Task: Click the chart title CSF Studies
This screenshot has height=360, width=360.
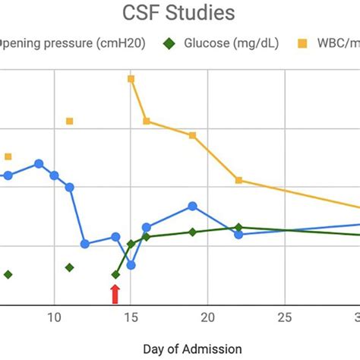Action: [x=179, y=13]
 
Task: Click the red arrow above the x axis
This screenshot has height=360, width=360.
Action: [x=115, y=294]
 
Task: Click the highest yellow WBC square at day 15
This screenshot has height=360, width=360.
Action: [x=131, y=78]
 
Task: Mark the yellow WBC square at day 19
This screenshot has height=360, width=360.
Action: [x=192, y=135]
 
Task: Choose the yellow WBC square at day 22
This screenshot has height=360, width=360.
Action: [x=238, y=180]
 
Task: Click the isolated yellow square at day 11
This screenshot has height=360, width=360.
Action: [x=69, y=121]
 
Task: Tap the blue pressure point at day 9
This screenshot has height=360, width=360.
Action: [x=39, y=163]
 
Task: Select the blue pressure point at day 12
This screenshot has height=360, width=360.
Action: [x=85, y=244]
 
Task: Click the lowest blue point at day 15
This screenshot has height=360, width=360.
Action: [x=131, y=265]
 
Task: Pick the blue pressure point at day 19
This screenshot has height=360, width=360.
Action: [x=192, y=206]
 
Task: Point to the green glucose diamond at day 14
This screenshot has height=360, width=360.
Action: [x=115, y=274]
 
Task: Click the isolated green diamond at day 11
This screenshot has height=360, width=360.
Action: [x=69, y=267]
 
